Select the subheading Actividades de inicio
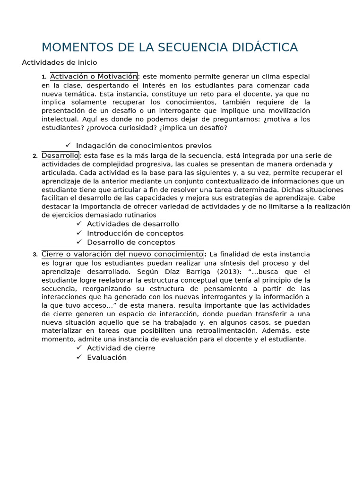[x=60, y=62]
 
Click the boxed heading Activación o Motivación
[x=94, y=77]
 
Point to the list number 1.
[x=43, y=77]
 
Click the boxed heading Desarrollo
[x=60, y=156]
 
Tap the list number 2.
[x=35, y=156]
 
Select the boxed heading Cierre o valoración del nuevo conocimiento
[x=122, y=254]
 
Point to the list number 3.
[x=35, y=255]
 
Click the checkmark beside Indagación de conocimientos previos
[x=68, y=145]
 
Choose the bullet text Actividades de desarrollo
[x=133, y=224]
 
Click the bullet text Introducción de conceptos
[x=135, y=233]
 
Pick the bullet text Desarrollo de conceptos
[x=131, y=242]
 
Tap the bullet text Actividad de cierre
[x=121, y=348]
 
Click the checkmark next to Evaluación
[x=79, y=357]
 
